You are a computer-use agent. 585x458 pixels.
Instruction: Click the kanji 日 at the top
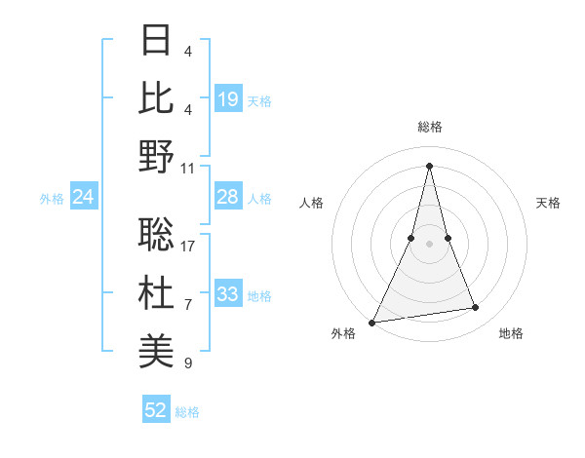pyautogui.click(x=157, y=40)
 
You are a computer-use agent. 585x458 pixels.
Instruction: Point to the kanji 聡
pyautogui.click(x=157, y=234)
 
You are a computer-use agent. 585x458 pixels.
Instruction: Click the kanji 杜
pyautogui.click(x=157, y=292)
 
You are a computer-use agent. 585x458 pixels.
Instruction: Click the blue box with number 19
pyautogui.click(x=228, y=99)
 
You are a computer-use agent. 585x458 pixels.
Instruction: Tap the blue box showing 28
pyautogui.click(x=228, y=198)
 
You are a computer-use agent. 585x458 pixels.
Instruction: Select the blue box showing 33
pyautogui.click(x=228, y=295)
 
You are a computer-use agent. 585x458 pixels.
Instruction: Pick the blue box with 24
pyautogui.click(x=84, y=198)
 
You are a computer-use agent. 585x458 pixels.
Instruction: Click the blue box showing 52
pyautogui.click(x=156, y=411)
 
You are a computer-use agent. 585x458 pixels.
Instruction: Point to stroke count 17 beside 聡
pyautogui.click(x=189, y=246)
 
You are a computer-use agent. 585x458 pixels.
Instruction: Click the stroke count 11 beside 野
pyautogui.click(x=189, y=168)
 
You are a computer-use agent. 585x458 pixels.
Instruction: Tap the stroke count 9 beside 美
pyautogui.click(x=188, y=363)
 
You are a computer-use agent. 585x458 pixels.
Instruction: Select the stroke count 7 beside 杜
pyautogui.click(x=188, y=304)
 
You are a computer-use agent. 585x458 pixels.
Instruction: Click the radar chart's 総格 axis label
pyautogui.click(x=429, y=128)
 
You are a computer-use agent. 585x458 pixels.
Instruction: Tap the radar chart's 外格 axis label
pyautogui.click(x=343, y=334)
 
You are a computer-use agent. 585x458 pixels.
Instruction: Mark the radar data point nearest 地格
pyautogui.click(x=476, y=308)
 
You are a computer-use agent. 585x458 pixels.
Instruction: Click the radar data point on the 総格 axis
pyautogui.click(x=429, y=166)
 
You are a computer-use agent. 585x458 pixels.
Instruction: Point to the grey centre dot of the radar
pyautogui.click(x=429, y=244)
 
